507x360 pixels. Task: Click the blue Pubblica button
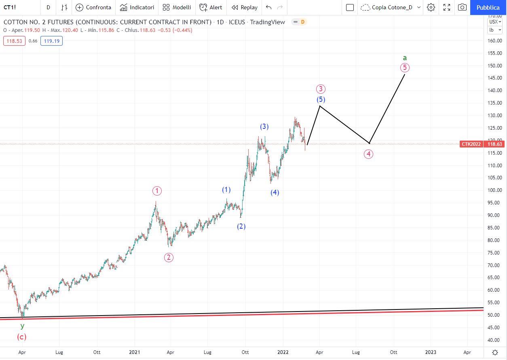pos(488,7)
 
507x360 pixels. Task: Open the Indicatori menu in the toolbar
pos(137,7)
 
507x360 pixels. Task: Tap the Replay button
pos(245,7)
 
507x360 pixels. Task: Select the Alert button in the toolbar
pos(211,7)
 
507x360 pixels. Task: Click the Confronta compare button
pos(93,7)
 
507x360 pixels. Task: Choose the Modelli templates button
pos(177,7)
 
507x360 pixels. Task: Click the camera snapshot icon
pos(462,7)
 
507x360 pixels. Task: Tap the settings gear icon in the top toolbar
pos(431,7)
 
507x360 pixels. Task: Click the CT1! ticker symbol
pos(10,7)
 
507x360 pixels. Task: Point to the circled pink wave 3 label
pos(321,89)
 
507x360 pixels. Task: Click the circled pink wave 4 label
pos(368,154)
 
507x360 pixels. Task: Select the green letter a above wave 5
pos(405,58)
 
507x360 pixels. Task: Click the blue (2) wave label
pos(241,226)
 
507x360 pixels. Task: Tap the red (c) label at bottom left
pos(22,337)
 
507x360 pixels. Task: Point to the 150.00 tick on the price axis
pos(495,65)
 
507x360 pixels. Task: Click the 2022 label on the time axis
pos(283,352)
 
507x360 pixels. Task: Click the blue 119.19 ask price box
pos(52,41)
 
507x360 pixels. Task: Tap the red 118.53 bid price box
pos(14,41)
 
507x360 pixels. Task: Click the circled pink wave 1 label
pos(157,191)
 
